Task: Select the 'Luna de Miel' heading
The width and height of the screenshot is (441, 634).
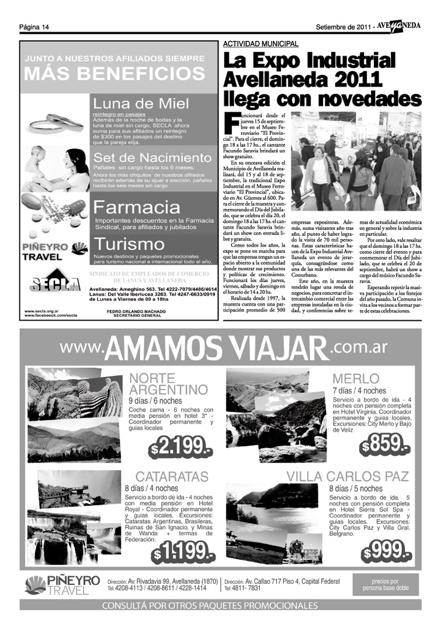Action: pos(141,103)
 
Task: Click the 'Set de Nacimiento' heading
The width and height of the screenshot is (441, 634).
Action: pos(152,158)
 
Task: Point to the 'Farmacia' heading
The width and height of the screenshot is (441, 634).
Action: pos(137,207)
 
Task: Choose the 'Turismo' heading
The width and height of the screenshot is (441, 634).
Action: pos(130,244)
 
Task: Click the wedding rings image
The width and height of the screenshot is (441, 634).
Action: pos(55,121)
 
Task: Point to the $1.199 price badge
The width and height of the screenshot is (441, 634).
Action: pos(182,552)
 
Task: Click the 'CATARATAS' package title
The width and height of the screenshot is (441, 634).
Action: pos(172,476)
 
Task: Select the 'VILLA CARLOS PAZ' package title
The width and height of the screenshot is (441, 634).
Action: pos(347,476)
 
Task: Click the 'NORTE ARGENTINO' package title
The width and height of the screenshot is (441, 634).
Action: pos(168,383)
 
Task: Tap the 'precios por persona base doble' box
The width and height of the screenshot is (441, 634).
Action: pos(386,585)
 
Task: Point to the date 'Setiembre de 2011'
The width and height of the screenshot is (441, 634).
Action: pos(343,27)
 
